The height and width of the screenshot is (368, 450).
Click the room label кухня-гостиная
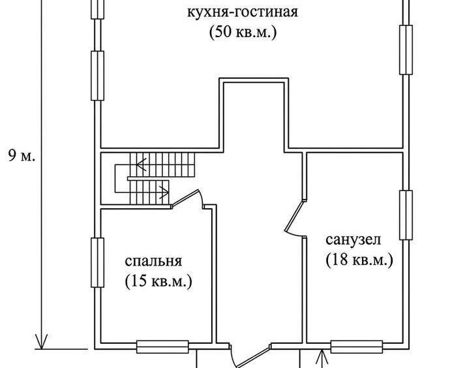click(243, 12)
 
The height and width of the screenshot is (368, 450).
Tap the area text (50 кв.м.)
click(243, 32)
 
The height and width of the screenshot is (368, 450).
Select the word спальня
click(153, 262)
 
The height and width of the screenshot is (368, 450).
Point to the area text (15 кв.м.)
click(158, 281)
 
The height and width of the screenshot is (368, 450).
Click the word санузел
click(353, 239)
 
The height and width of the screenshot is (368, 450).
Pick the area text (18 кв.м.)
click(359, 260)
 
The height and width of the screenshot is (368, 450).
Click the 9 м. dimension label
click(22, 156)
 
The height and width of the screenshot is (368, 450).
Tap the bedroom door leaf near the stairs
click(185, 198)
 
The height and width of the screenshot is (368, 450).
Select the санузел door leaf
click(294, 216)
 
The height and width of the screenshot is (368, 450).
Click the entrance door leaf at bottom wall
click(252, 357)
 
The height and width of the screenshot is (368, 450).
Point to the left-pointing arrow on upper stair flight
click(142, 165)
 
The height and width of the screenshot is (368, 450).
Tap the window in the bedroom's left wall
click(98, 262)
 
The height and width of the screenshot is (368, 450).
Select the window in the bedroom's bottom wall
click(162, 346)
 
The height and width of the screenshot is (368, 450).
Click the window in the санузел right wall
click(406, 215)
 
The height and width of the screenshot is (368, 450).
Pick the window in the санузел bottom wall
click(357, 346)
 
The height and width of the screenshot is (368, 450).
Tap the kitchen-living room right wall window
click(406, 50)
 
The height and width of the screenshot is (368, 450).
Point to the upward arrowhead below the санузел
click(323, 357)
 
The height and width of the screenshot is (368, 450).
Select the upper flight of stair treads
click(162, 164)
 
